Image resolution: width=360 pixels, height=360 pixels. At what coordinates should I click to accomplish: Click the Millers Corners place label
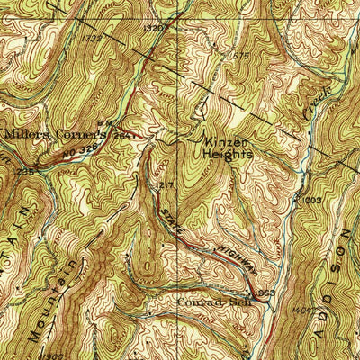56,134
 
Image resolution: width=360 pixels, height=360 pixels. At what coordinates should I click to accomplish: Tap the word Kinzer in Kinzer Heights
224,142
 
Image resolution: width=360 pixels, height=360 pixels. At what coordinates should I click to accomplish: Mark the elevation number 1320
157,29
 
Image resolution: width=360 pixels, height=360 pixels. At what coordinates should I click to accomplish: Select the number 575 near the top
239,56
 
